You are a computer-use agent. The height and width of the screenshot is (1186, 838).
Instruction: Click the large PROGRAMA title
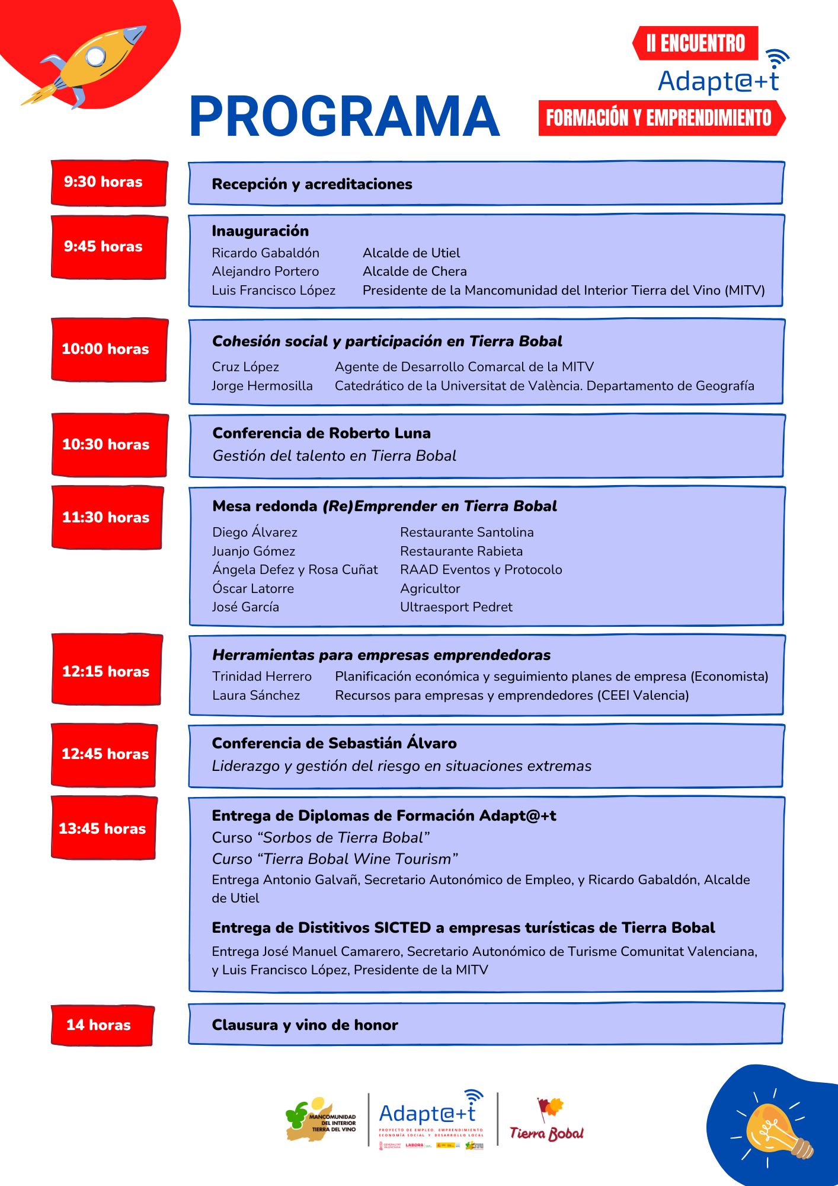pos(344,117)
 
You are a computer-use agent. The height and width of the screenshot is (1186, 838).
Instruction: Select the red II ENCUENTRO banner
pos(696,43)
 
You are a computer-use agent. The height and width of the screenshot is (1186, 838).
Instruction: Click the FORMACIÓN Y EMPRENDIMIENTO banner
pos(659,118)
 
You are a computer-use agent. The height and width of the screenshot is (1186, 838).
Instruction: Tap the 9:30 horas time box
pos(109,183)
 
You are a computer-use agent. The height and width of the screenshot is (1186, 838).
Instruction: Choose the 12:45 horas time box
pos(104,754)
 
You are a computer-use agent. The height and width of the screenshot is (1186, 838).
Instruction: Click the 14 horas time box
pos(102,1025)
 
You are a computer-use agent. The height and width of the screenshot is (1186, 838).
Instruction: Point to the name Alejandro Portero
pos(266,272)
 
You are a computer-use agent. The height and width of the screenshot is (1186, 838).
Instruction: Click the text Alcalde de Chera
pos(415,272)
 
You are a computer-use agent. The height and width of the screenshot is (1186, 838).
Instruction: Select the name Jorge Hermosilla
pos(262,386)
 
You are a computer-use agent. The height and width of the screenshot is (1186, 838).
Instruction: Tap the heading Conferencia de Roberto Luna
pos(322,433)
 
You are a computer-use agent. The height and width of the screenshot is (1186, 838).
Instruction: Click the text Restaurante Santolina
pos(467,533)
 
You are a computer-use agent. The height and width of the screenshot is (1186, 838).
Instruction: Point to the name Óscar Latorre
pos(253,588)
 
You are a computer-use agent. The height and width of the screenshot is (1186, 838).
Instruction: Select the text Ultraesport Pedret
pos(456,607)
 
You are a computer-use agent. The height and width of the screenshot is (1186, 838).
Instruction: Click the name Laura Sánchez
pos(256,696)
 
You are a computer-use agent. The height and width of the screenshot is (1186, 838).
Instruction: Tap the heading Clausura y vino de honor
pos(305,1025)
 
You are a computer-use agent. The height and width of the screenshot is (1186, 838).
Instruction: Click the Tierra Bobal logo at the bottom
pos(546,1121)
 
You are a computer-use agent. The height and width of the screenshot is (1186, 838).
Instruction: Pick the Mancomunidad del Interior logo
pos(321,1120)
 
